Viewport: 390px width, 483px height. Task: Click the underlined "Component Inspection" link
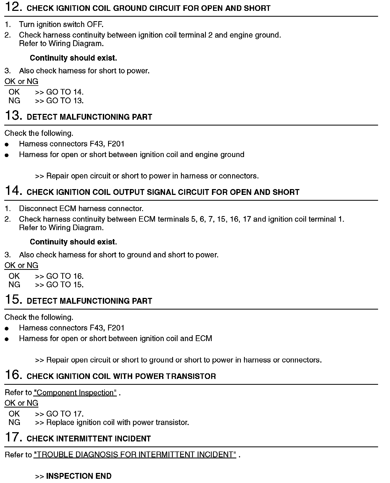coord(75,392)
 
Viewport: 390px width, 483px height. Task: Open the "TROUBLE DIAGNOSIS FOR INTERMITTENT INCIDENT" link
coord(135,455)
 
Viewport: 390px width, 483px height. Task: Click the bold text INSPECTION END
coord(79,476)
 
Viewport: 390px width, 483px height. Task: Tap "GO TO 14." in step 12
coord(65,92)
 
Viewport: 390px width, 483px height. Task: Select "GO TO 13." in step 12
coord(65,101)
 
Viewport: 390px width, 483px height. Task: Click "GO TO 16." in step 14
coord(65,276)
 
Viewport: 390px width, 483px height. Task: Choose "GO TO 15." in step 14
coord(65,285)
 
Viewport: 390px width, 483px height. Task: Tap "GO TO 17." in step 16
coord(65,414)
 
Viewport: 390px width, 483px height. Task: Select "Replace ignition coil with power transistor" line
coord(117,422)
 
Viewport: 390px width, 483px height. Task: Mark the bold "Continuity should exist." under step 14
coord(73,242)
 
